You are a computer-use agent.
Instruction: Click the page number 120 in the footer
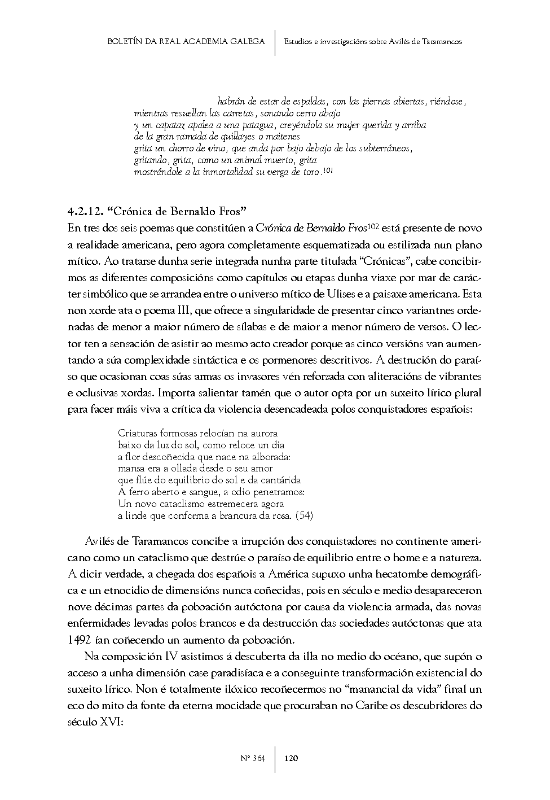click(292, 758)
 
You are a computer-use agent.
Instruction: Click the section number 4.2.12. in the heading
click(85, 212)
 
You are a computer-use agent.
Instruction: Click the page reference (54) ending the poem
click(304, 515)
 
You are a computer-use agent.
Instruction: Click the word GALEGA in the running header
click(247, 41)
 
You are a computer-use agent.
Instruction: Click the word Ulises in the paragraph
click(341, 294)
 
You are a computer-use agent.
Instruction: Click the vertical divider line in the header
click(275, 42)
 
